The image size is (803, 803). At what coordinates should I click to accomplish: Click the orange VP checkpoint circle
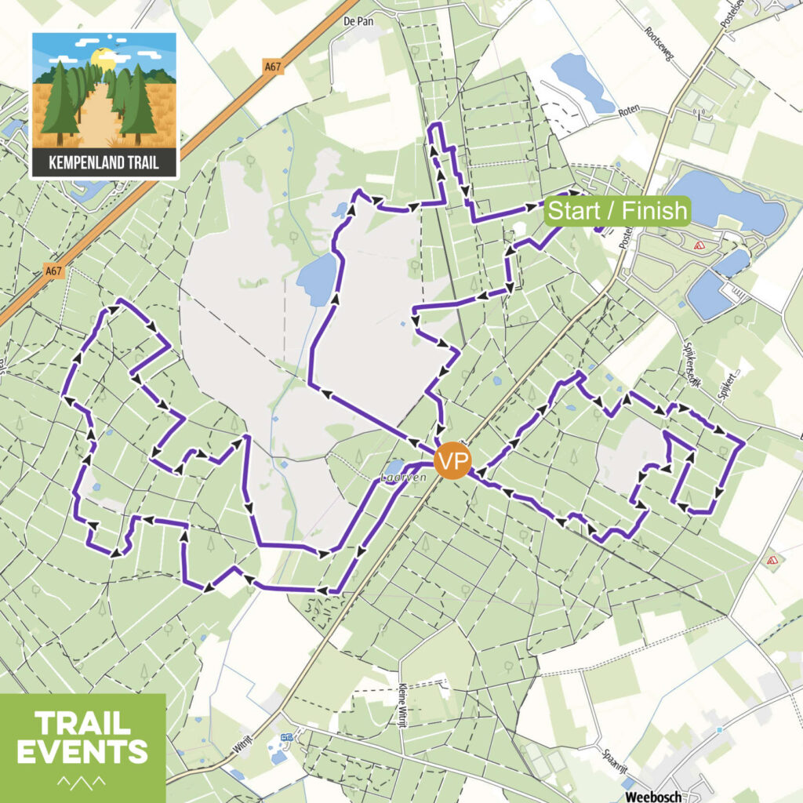point(452,460)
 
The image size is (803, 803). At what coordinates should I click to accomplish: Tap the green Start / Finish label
point(618,211)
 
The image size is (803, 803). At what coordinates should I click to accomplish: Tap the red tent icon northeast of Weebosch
point(772,560)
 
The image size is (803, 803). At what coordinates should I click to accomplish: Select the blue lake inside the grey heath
point(318,279)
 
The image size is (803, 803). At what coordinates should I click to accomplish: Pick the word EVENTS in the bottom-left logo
point(82,750)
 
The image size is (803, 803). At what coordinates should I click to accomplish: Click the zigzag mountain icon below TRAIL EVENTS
point(82,781)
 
